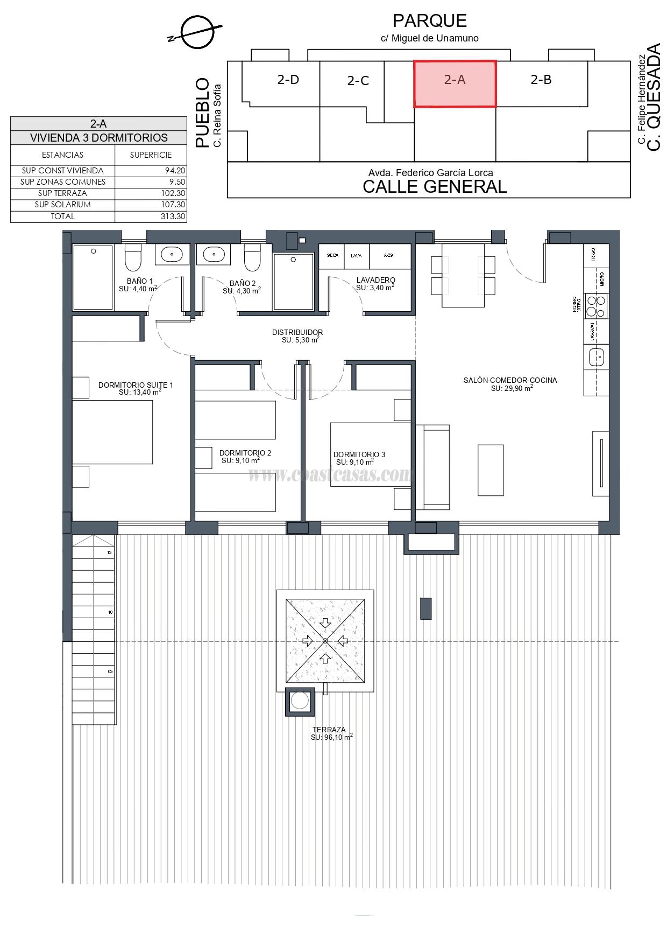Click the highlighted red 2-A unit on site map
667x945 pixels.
click(455, 84)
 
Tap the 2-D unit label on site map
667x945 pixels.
click(288, 80)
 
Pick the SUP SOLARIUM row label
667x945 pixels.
click(62, 205)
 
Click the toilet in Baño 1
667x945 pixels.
click(132, 258)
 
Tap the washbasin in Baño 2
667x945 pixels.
click(214, 254)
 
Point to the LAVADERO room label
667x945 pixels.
click(375, 280)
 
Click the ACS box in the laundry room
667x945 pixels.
click(388, 256)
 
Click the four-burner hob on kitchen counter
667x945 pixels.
click(596, 306)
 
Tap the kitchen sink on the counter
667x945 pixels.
click(596, 356)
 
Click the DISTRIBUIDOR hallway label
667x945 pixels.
click(297, 333)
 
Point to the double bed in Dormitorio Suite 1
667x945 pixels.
click(112, 432)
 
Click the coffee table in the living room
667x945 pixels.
click(491, 470)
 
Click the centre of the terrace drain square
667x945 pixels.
click(325, 641)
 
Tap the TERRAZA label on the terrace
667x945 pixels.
click(329, 730)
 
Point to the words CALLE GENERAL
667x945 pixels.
click(435, 187)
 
